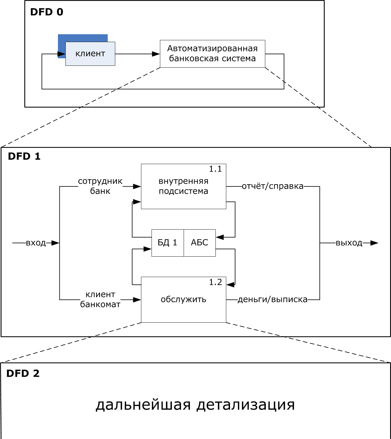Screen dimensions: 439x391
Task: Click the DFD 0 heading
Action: [x=47, y=12]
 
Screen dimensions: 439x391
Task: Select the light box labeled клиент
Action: [x=90, y=54]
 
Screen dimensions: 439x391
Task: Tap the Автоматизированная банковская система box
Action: [x=212, y=53]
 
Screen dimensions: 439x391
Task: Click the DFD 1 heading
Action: [x=24, y=156]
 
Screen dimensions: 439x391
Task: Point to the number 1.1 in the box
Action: [x=215, y=169]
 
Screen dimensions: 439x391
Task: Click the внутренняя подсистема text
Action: [x=183, y=186]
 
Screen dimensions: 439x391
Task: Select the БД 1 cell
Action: [x=167, y=242]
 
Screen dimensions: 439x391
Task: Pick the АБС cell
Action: [x=200, y=242]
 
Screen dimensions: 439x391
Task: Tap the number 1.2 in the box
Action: [x=215, y=282]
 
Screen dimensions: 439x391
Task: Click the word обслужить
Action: [x=183, y=299]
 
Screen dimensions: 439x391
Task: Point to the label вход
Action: [x=36, y=243]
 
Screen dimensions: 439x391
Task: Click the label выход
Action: [x=349, y=243]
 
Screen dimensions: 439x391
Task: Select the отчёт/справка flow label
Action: [x=272, y=186]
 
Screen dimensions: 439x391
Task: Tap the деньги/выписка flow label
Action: [x=272, y=300]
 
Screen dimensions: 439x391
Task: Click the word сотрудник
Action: [x=100, y=181]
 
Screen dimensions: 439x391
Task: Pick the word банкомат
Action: [x=100, y=304]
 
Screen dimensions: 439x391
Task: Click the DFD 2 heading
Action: [x=23, y=373]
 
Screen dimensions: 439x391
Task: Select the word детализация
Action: [x=245, y=405]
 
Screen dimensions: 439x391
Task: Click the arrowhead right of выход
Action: [x=374, y=243]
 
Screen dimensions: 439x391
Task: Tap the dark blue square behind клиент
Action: [x=83, y=38]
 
